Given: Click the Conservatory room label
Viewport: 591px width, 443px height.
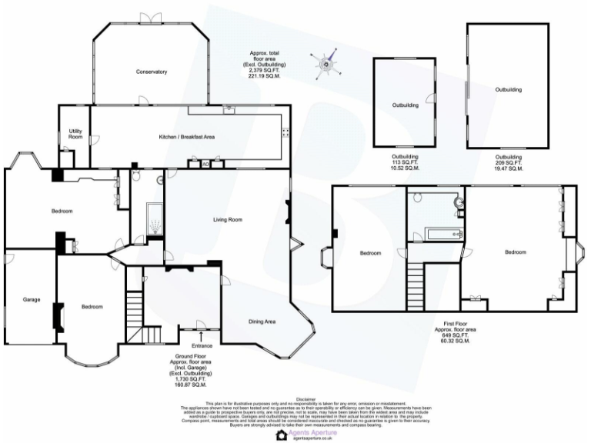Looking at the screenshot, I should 152,72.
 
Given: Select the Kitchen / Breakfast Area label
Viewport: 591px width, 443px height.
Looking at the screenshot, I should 186,136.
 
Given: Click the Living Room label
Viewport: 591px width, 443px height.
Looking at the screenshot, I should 228,220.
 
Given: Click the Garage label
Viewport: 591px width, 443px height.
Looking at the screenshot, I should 31,299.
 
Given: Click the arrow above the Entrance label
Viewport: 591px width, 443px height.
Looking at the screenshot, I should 201,335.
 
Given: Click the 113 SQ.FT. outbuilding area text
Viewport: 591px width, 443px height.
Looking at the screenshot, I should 405,162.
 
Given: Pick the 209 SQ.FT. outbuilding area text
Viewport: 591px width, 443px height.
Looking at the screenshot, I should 509,162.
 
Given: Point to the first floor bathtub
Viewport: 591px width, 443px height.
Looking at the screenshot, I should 436,232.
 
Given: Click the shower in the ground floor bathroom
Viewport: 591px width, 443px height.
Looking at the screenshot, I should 155,223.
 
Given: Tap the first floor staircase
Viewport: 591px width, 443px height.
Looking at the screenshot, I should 416,286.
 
